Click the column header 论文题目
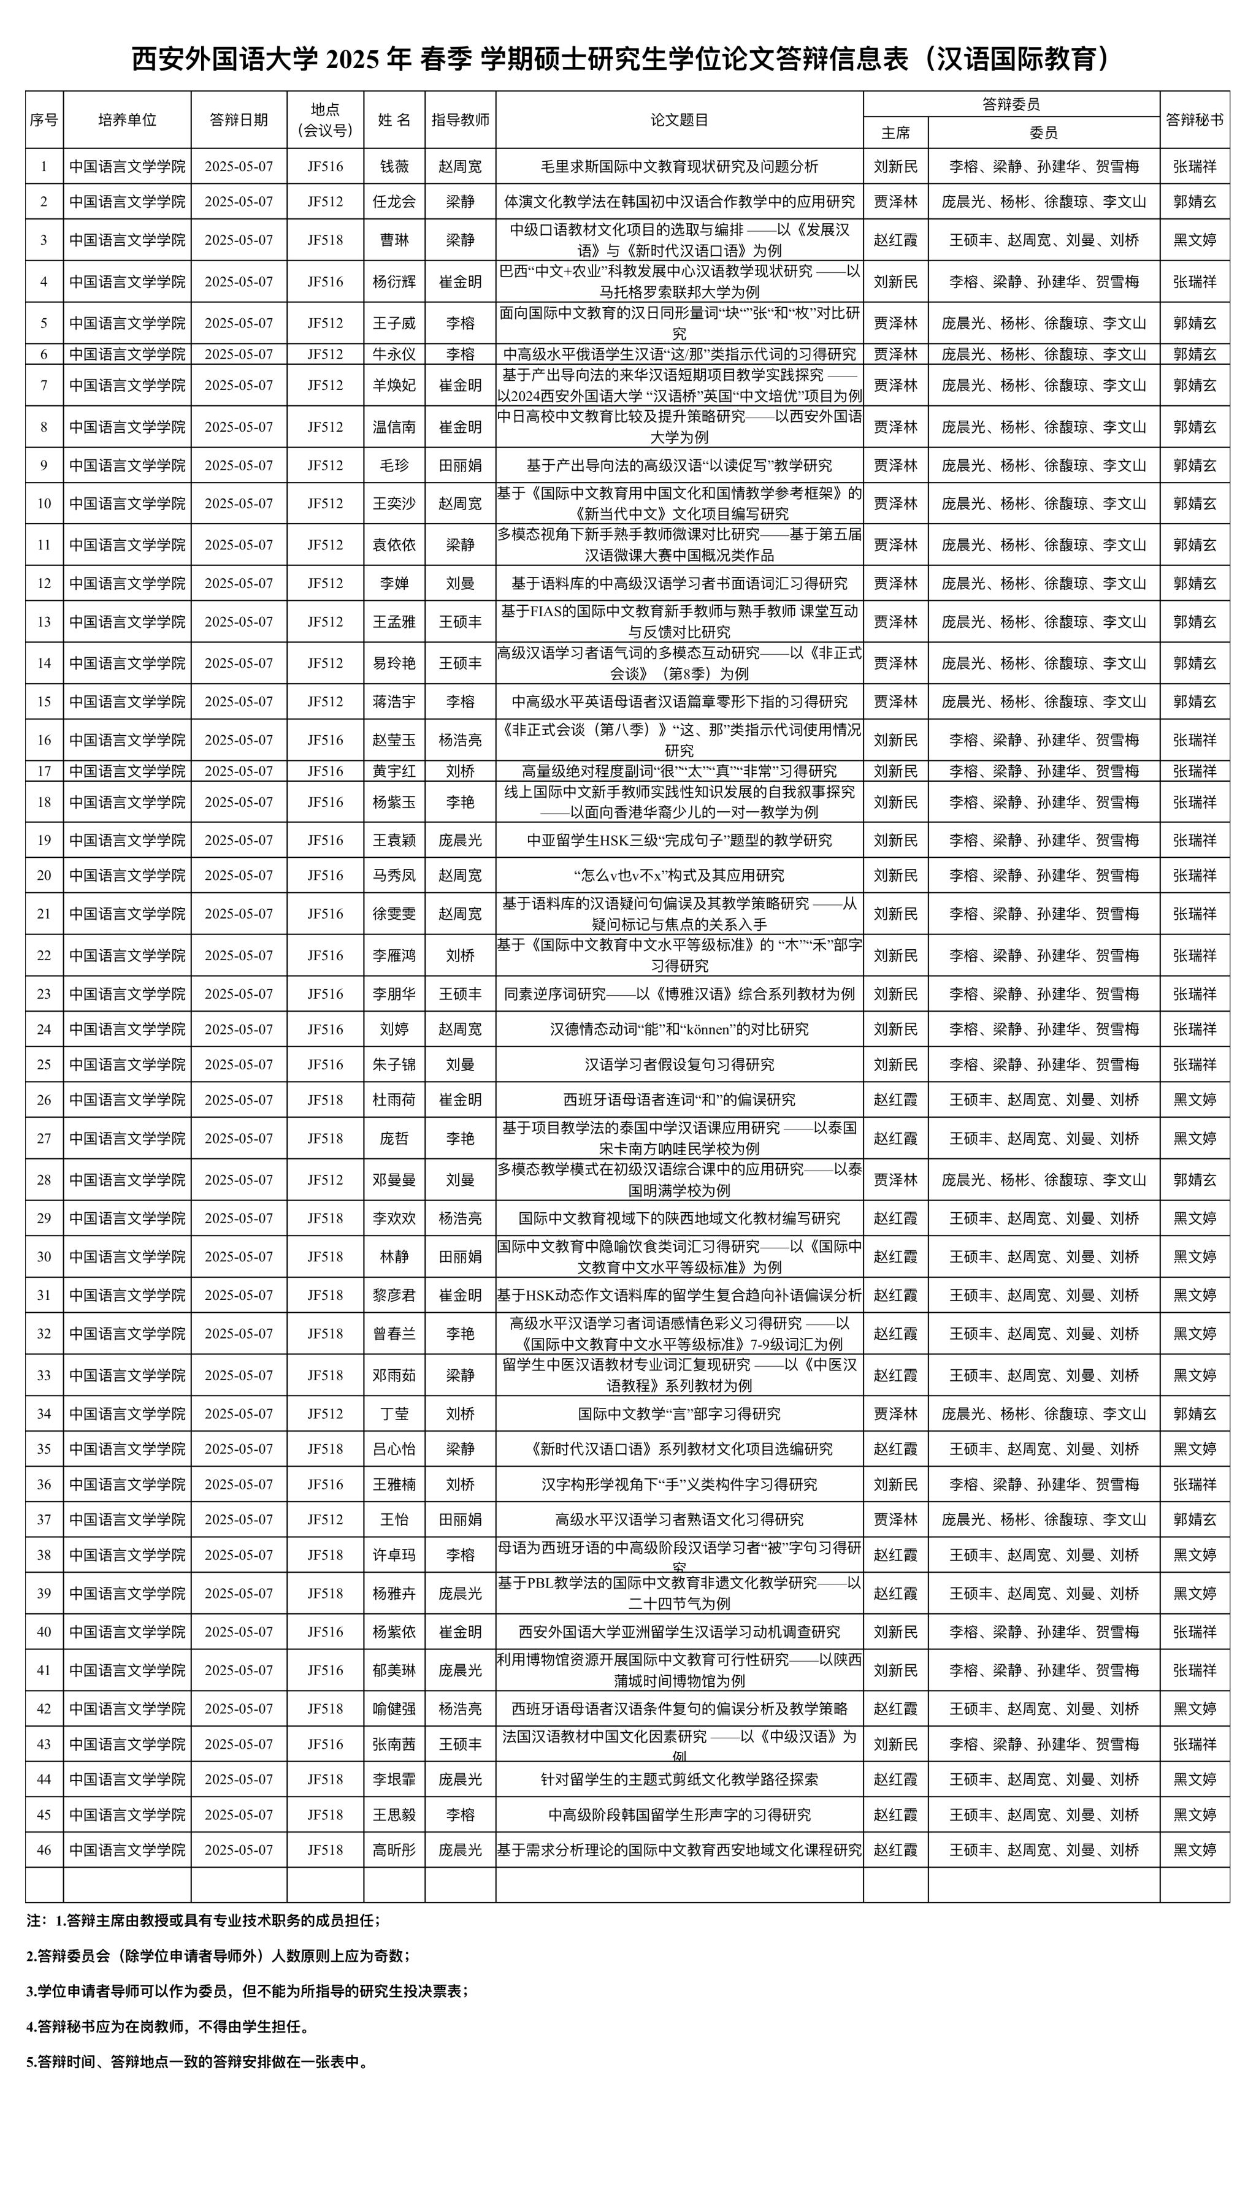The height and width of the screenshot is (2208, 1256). click(679, 120)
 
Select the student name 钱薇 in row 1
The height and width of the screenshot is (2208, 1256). click(394, 166)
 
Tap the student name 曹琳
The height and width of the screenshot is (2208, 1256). click(394, 240)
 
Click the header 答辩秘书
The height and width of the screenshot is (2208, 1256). click(1194, 120)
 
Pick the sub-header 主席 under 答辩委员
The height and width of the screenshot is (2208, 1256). click(895, 133)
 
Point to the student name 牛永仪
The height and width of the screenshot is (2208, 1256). click(394, 354)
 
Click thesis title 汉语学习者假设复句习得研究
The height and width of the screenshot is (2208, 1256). click(679, 1064)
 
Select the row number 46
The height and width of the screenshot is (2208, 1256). click(44, 1849)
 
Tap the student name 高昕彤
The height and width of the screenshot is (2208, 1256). click(394, 1849)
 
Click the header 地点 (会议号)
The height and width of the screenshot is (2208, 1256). click(325, 120)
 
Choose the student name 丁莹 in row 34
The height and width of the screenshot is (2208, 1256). click(394, 1413)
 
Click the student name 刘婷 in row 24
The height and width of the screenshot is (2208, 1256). click(394, 1029)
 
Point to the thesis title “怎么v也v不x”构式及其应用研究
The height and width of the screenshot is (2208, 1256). click(679, 876)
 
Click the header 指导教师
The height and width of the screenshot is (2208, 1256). click(460, 120)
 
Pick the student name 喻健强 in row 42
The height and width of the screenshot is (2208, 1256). click(394, 1709)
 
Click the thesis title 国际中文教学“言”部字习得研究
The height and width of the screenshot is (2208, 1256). click(679, 1413)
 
